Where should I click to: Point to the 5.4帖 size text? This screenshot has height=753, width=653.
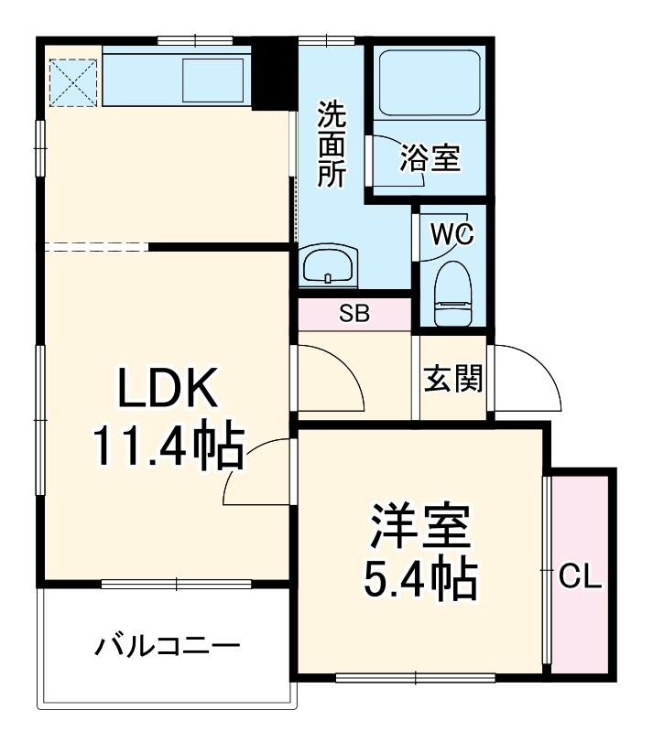[420, 578]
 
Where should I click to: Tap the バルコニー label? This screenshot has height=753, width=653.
[168, 648]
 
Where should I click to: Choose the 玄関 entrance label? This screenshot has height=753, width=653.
[452, 377]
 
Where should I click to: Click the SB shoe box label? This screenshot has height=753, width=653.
[354, 314]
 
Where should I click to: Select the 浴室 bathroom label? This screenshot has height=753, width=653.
[430, 159]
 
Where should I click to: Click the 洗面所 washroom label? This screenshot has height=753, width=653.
[331, 145]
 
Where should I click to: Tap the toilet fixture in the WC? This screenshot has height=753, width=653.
[452, 293]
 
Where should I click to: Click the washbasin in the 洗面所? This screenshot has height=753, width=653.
[327, 267]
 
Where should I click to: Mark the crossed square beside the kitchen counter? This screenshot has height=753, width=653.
[72, 81]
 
